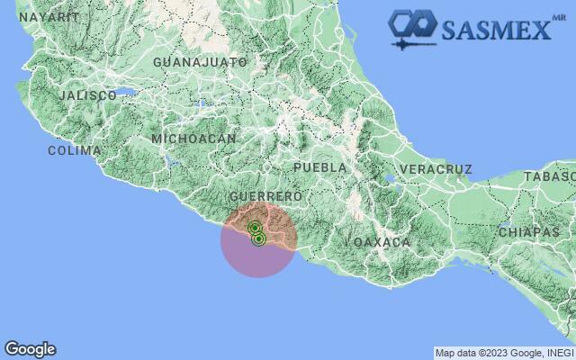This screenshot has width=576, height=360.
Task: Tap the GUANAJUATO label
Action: (200, 62)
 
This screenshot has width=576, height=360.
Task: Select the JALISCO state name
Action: (87, 95)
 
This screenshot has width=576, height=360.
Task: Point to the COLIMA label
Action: (74, 150)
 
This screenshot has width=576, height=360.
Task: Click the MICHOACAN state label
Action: (193, 139)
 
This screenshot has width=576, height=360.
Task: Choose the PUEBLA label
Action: (319, 167)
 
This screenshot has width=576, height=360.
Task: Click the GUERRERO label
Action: (265, 196)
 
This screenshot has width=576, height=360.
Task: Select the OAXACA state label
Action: (382, 243)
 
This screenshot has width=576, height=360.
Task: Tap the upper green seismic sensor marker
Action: (255, 228)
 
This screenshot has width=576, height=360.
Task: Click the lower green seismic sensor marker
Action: (258, 238)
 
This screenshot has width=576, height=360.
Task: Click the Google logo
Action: (30, 349)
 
